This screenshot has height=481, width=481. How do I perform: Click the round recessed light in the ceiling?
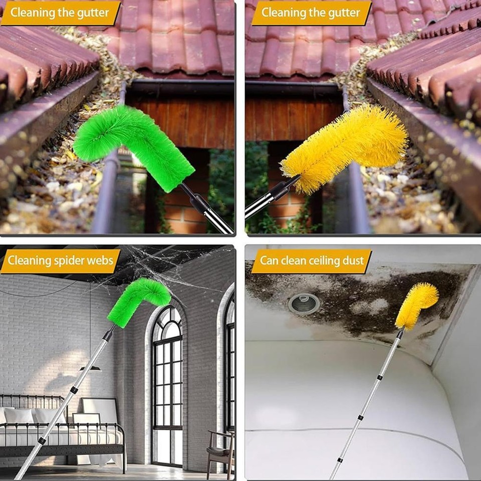(x=304, y=303)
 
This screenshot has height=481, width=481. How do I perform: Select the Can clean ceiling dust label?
(x=311, y=261)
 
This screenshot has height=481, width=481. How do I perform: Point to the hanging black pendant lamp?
(x=90, y=368)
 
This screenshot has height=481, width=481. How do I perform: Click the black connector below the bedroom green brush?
(x=108, y=333)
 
